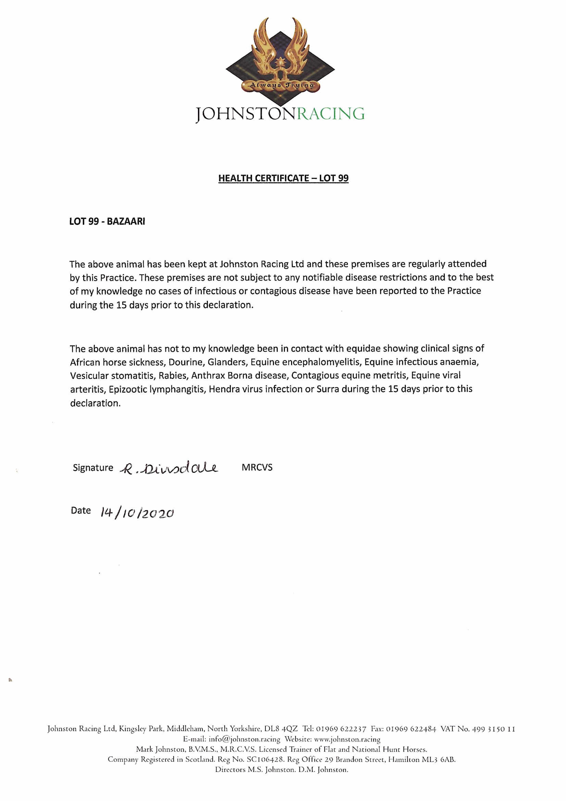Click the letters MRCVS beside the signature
click(x=257, y=467)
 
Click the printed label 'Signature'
click(x=93, y=468)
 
